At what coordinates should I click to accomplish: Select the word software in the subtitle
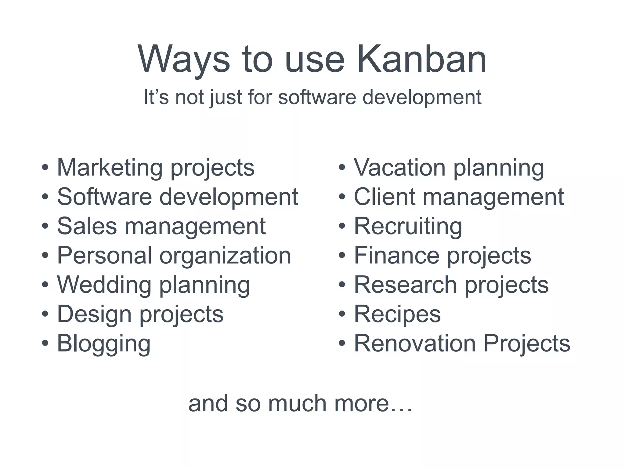coord(317,97)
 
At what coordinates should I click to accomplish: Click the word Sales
coord(87,226)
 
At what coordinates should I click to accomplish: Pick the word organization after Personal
coord(225,255)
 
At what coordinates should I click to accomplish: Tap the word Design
coord(95,314)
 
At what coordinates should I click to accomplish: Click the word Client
coord(385,197)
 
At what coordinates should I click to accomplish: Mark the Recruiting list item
coord(408,226)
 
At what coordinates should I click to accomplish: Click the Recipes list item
coord(397,314)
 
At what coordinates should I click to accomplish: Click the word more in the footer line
coord(373,403)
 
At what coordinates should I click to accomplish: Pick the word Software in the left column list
coord(104,197)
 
